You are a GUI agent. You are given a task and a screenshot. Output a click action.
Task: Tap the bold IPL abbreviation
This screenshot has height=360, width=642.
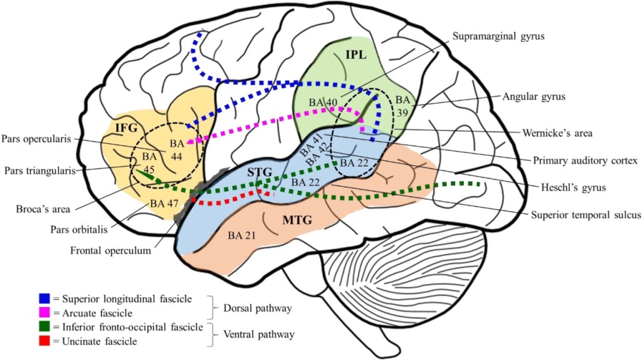coord(355,55)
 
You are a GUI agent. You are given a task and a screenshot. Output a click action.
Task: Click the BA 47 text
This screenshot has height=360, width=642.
coord(164,203)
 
